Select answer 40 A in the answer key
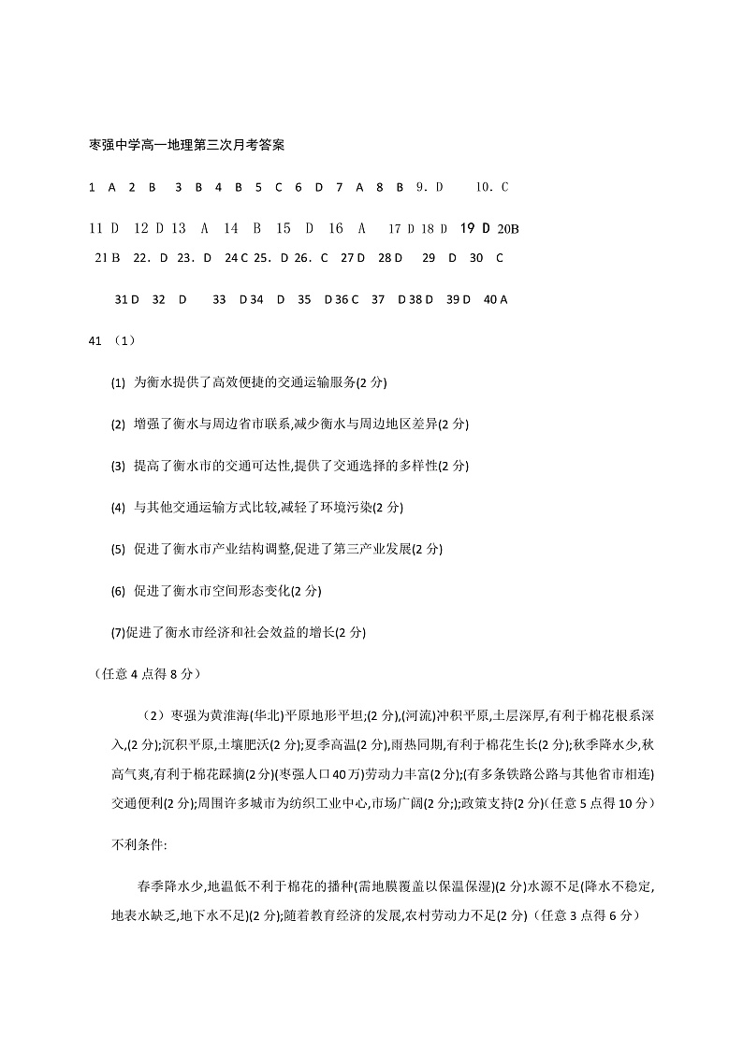pos(495,299)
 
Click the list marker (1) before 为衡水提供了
pos(118,382)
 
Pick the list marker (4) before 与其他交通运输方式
pos(118,508)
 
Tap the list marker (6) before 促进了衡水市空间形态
pos(118,591)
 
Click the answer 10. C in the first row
pos(491,187)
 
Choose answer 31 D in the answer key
pos(126,299)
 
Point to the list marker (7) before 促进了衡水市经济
pos(118,633)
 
